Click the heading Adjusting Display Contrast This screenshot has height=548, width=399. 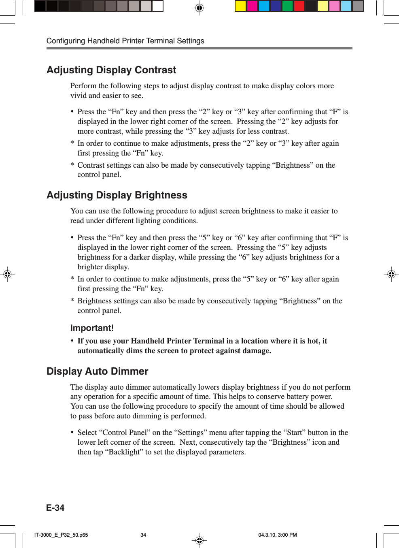click(x=111, y=70)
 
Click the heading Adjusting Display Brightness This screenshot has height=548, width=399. click(x=117, y=195)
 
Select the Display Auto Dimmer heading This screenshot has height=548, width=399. click(x=98, y=371)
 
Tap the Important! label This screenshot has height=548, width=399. click(x=92, y=328)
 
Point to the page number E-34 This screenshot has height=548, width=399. click(x=55, y=508)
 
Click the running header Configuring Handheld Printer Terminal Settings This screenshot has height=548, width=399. click(x=125, y=41)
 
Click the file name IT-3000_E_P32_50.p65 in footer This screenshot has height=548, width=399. click(x=61, y=535)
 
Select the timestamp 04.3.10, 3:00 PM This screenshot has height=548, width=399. click(x=278, y=535)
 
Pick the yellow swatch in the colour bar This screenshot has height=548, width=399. click(x=240, y=6)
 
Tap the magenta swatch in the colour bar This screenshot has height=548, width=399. click(x=252, y=6)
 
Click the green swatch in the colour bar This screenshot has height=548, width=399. click(x=287, y=6)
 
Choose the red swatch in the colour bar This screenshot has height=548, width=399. click(x=299, y=6)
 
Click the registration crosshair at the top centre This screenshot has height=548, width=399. click(x=199, y=8)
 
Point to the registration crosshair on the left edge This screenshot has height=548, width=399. click(x=7, y=274)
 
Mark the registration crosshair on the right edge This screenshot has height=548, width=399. click(x=391, y=274)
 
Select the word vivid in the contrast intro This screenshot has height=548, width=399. click(x=79, y=96)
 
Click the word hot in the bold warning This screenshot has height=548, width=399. click(x=313, y=341)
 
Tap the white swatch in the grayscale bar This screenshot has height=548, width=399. click(x=157, y=6)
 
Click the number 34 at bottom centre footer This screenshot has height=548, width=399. click(x=143, y=535)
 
